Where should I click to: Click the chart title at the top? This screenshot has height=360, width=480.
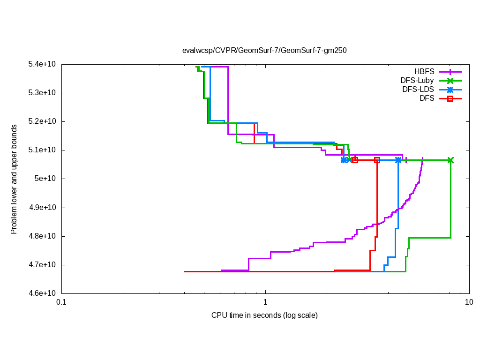(x=264, y=50)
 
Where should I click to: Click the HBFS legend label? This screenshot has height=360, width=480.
(x=424, y=72)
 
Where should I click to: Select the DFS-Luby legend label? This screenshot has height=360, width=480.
(x=417, y=81)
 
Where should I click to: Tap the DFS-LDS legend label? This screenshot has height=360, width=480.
(x=418, y=90)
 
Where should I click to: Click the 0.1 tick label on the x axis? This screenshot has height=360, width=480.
(x=61, y=302)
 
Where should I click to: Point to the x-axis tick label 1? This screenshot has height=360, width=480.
(x=265, y=302)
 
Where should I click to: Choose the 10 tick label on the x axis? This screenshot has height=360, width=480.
(x=468, y=302)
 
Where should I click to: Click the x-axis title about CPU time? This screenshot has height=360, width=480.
(x=264, y=315)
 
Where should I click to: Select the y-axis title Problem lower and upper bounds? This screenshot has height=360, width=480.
(x=14, y=179)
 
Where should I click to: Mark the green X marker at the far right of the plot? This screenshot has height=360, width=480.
(x=450, y=160)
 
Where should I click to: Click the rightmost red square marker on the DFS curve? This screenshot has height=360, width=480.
(x=377, y=160)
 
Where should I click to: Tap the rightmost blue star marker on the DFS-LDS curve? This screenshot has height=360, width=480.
(x=398, y=160)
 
